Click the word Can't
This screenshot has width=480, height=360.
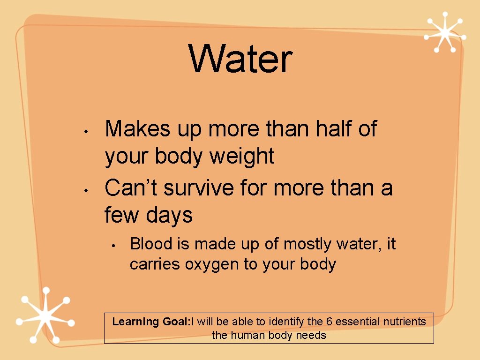pos(131,188)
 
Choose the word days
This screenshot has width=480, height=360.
pos(169,216)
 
